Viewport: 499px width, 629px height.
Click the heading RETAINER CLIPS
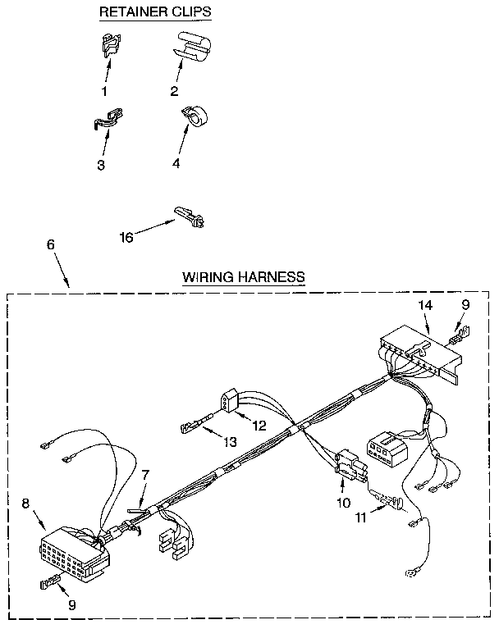click(154, 12)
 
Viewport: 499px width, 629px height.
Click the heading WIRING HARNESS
click(243, 276)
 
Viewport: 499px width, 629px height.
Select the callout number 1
click(104, 91)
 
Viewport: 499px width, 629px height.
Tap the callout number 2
click(175, 91)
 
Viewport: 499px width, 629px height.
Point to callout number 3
click(100, 165)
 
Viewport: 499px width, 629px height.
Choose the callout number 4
click(176, 163)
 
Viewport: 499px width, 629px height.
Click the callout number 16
click(126, 238)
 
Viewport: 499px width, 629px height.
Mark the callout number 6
click(50, 245)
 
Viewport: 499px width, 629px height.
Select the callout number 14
click(424, 304)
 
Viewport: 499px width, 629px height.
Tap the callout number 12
click(259, 425)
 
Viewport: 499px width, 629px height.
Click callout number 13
click(230, 441)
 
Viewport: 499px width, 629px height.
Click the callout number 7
click(145, 473)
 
